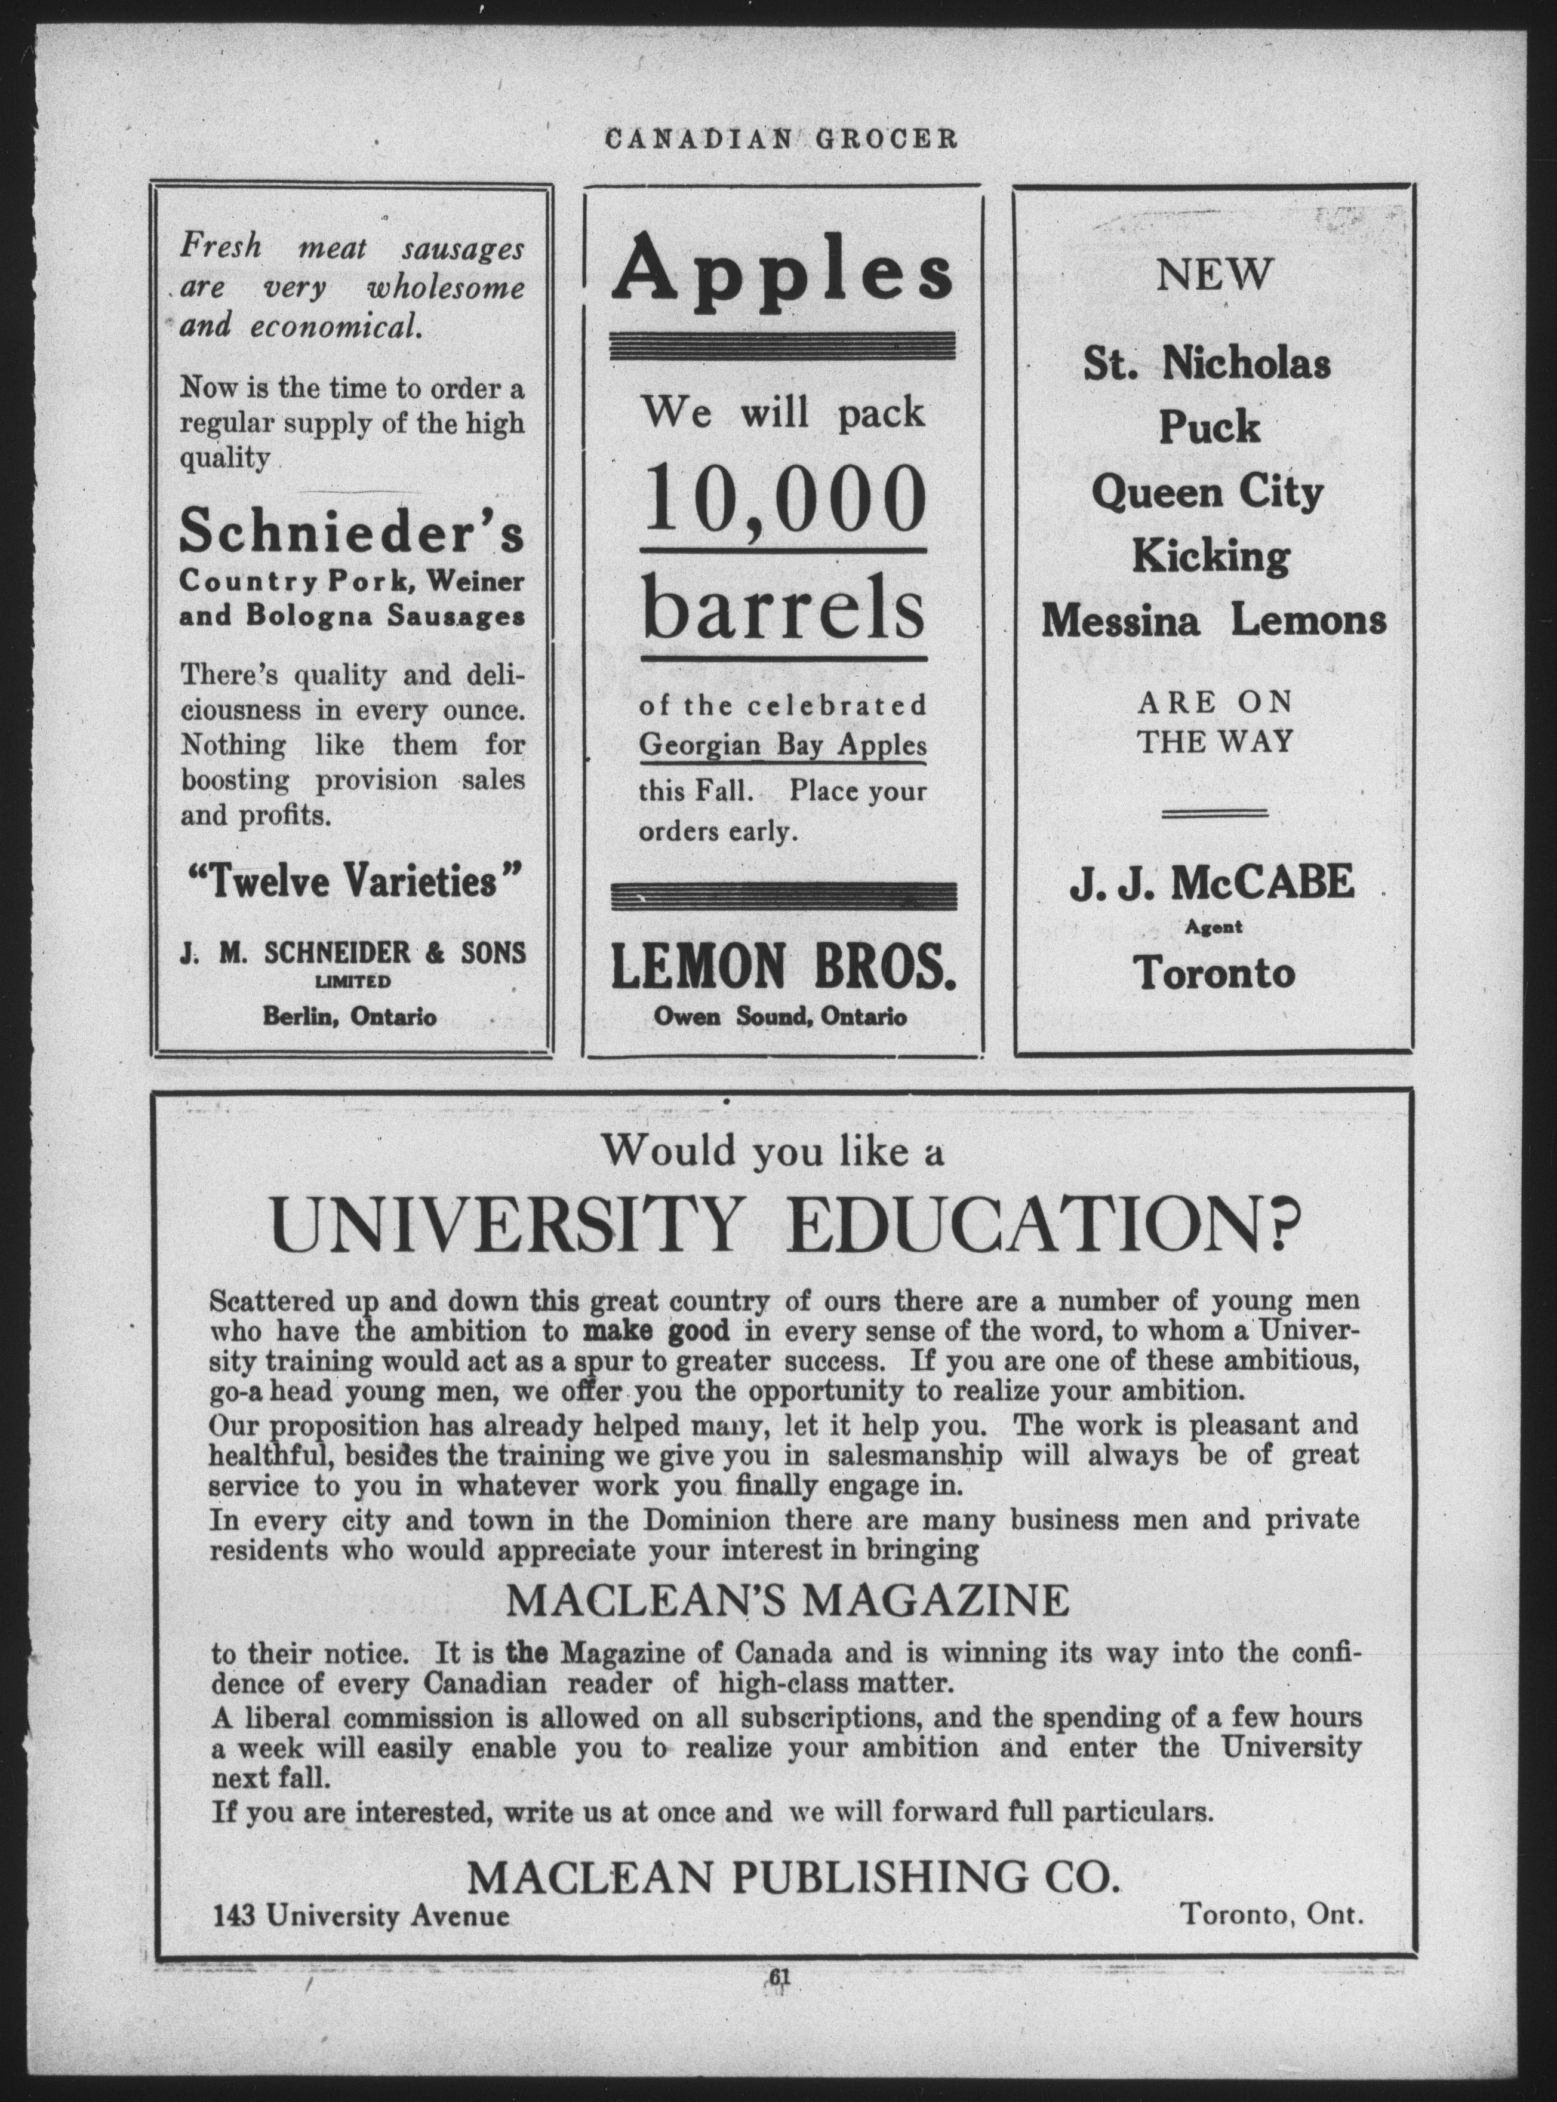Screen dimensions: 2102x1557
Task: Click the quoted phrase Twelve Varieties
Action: pyautogui.click(x=352, y=882)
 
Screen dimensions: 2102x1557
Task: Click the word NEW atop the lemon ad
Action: pyautogui.click(x=1213, y=275)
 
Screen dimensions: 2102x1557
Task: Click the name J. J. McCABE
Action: pyautogui.click(x=1211, y=883)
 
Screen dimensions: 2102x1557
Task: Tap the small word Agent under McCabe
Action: pyautogui.click(x=1214, y=927)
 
